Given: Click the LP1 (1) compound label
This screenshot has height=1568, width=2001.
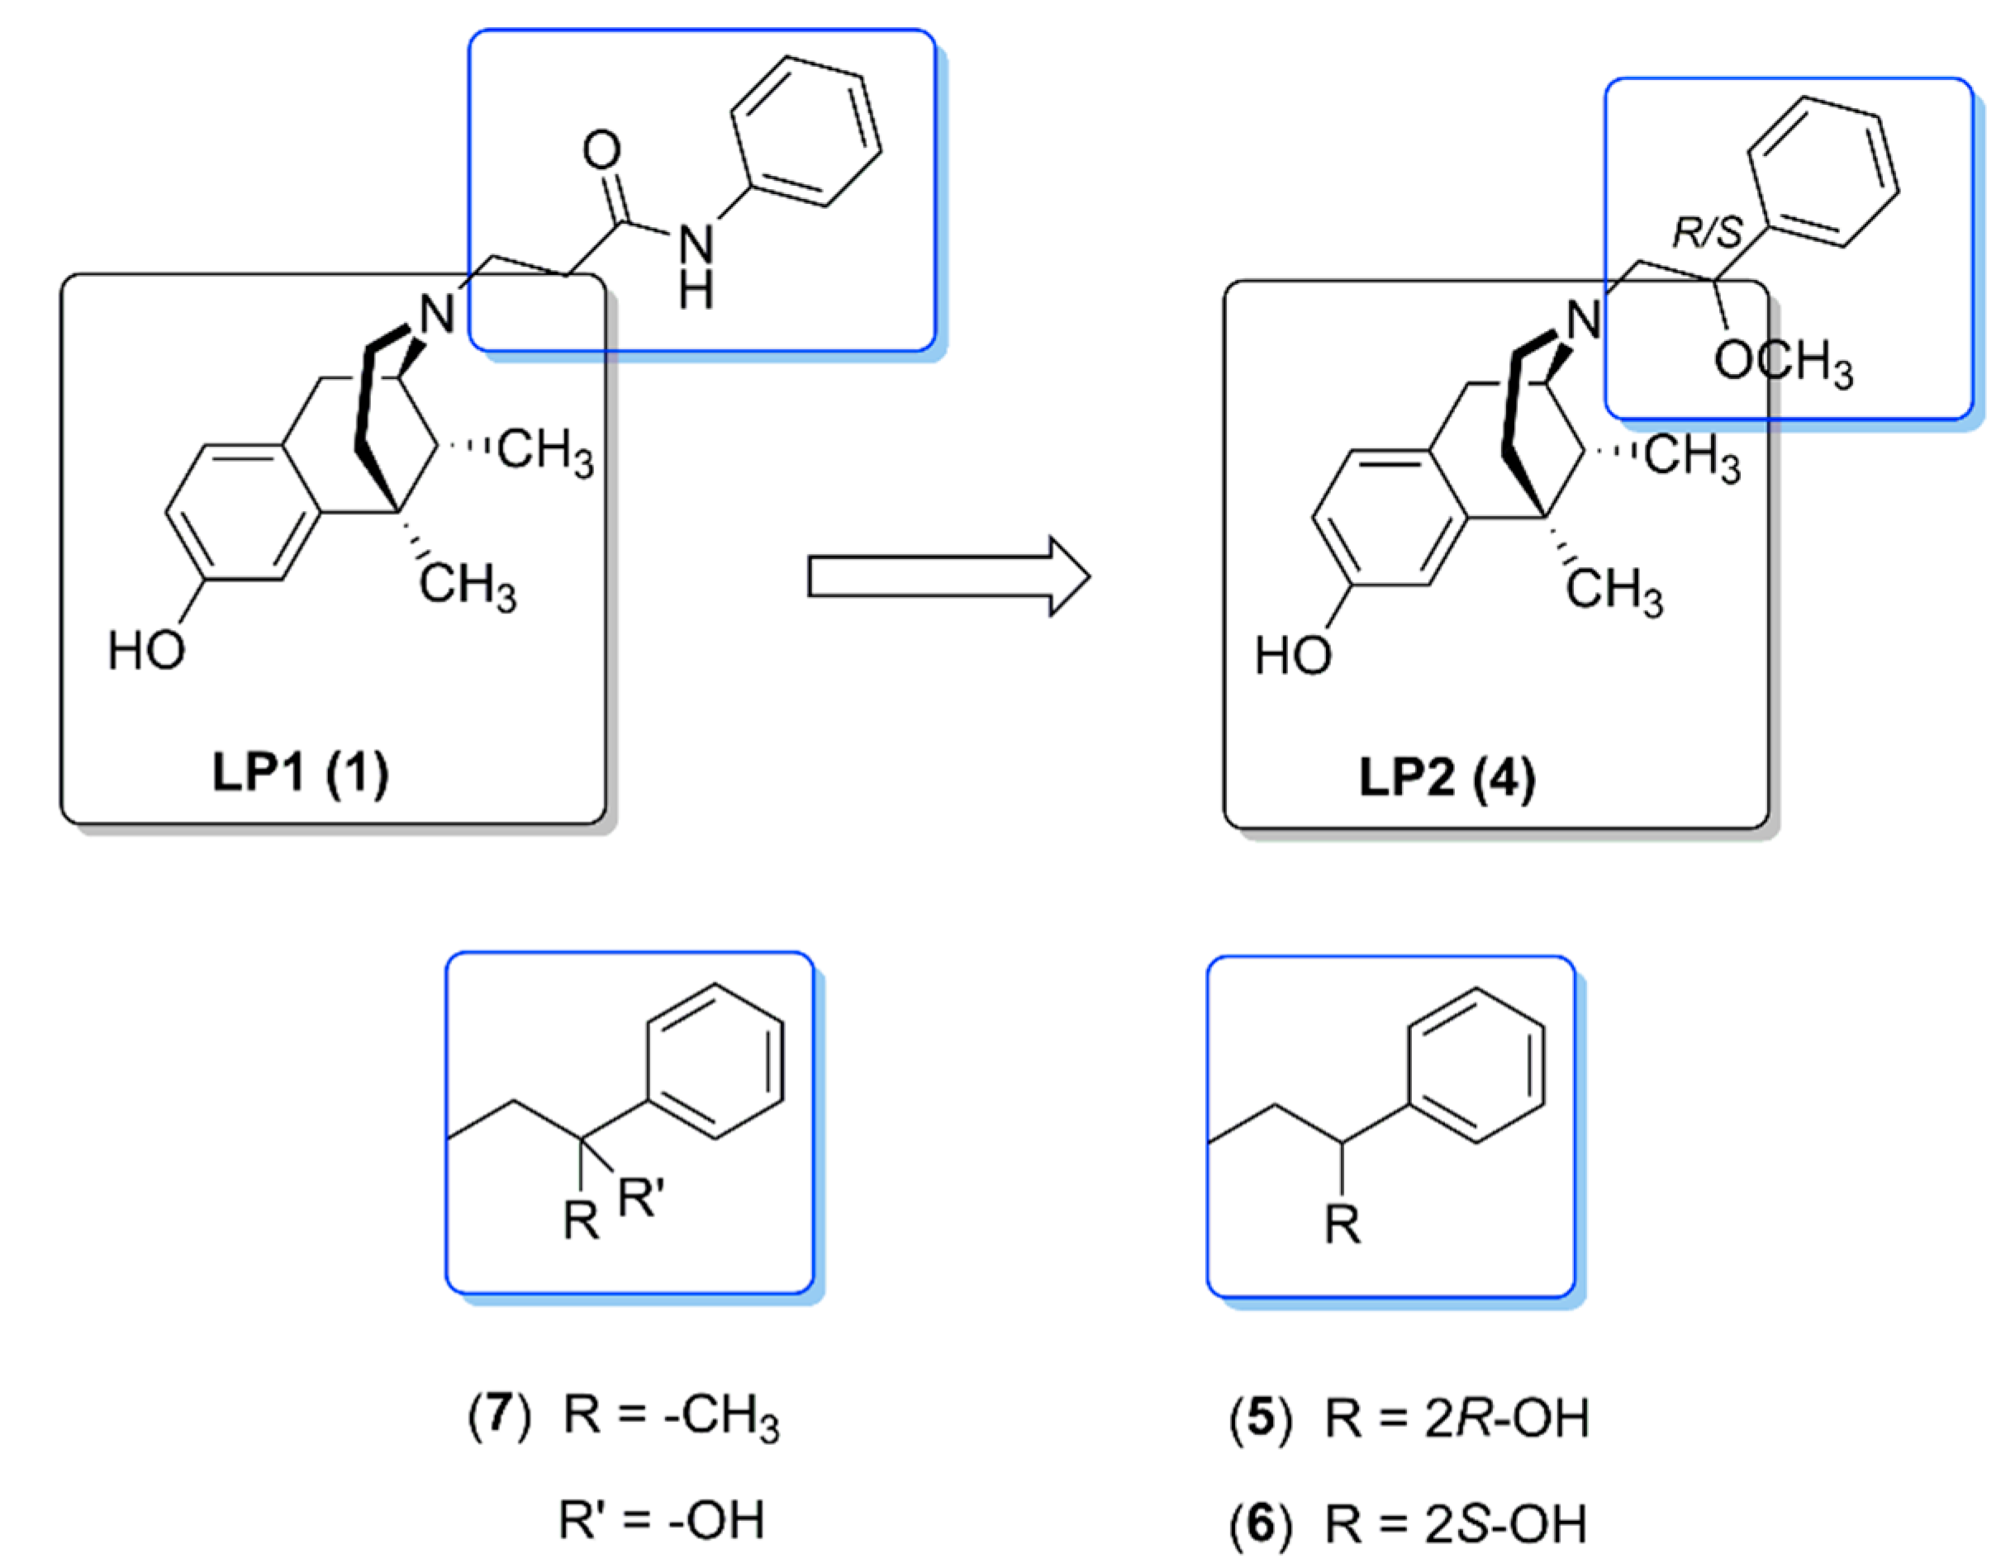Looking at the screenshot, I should pos(300,772).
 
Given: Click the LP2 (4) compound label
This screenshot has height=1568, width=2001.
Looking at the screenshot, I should pos(1447,778).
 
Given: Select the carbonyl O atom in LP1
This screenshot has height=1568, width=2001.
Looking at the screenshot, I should pos(601,150).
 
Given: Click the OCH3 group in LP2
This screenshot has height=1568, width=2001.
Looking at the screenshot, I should pos(1782,363).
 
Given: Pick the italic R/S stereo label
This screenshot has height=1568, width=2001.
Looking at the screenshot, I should pos(1706,232).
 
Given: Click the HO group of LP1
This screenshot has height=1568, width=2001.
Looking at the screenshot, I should pos(146,651).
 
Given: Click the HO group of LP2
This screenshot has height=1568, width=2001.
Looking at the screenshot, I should pos(1293,656).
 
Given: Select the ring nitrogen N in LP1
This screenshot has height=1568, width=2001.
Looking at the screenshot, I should pos(435,315).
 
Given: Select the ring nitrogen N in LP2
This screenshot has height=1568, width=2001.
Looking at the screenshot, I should pos(1582,320).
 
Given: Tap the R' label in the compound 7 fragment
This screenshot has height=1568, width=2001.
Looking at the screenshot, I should pos(640,1198).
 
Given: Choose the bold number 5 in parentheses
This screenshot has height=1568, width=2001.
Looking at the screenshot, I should pos(1261,1419).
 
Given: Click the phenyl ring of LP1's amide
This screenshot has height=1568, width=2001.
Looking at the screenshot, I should pos(806,131).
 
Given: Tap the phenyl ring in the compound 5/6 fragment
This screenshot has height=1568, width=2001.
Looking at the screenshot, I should pos(1475,1065).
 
